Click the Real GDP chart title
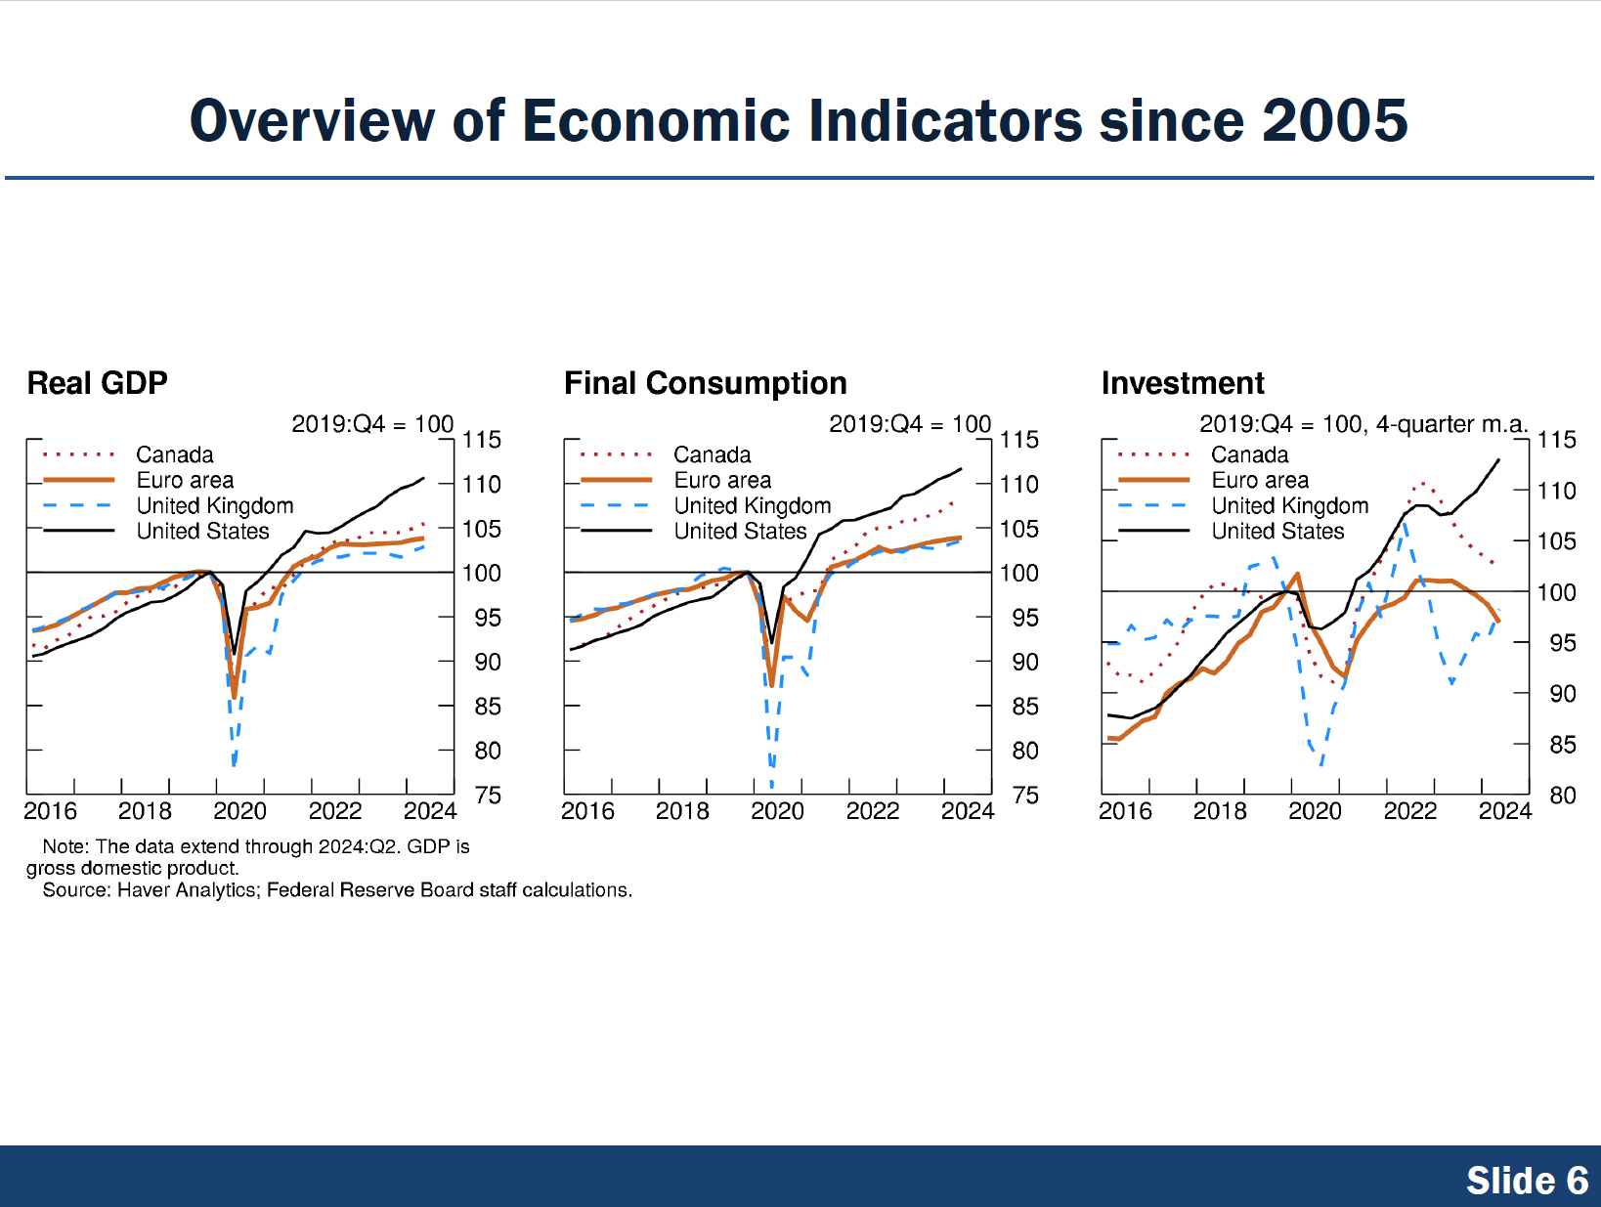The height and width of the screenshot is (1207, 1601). pos(97,383)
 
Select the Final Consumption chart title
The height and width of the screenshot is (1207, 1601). pos(705,383)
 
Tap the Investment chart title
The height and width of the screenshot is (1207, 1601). pos(1182,383)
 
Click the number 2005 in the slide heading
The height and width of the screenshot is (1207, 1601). pos(1334,121)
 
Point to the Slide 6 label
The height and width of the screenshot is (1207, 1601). pos(1527,1181)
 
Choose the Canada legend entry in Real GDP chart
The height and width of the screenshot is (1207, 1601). pos(174,454)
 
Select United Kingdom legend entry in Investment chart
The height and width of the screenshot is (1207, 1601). pos(1289,505)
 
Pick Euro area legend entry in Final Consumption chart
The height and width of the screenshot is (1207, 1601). pos(722,480)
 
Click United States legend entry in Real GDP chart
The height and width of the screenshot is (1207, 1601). pos(202,531)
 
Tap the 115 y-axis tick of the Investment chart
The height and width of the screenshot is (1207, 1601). pos(1556,440)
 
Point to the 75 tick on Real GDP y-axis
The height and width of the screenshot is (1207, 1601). pos(488,795)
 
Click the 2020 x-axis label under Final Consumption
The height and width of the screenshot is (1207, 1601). pos(777,811)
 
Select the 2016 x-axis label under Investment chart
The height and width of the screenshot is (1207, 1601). pos(1125,811)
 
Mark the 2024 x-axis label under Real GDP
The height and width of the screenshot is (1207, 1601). pos(430,811)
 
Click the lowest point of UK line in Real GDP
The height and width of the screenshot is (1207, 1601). pos(234,764)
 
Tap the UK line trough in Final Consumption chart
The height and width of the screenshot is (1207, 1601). pos(771,785)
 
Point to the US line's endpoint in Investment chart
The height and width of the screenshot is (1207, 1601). pos(1499,459)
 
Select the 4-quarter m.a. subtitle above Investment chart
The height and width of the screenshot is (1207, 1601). pos(1451,424)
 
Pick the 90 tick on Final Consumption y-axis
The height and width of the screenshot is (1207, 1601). pos(1024,662)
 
